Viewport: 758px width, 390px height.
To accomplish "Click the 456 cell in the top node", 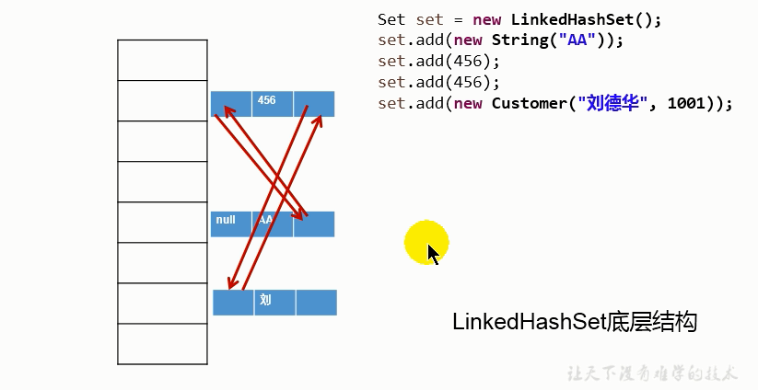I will click(273, 103).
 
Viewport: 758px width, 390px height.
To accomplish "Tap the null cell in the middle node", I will click(230, 224).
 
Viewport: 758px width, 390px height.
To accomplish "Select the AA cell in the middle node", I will click(273, 224).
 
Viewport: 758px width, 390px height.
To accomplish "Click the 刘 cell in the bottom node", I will click(274, 302).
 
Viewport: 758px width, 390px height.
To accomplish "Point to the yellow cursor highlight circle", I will click(426, 243).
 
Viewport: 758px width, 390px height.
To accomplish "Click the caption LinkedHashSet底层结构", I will click(575, 322).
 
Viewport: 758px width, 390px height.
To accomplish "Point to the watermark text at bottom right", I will click(651, 373).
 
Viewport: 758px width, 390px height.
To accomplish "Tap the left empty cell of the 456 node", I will click(230, 103).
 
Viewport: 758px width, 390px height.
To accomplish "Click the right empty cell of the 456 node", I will click(314, 103).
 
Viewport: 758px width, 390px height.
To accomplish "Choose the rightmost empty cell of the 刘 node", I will click(316, 302).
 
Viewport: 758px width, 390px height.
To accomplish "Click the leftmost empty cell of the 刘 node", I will click(233, 302).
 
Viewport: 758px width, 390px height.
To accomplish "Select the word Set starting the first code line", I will click(391, 19).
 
